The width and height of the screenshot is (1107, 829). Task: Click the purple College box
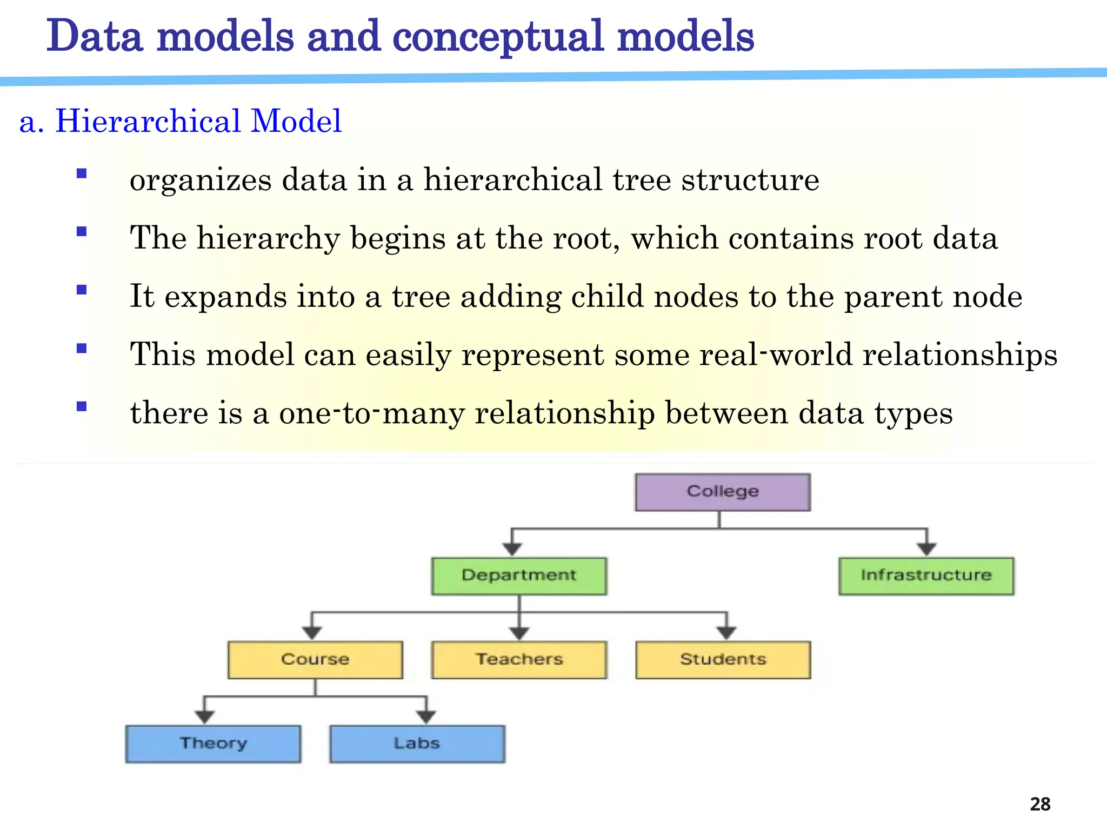tap(722, 492)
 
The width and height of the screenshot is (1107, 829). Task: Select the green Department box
tap(519, 576)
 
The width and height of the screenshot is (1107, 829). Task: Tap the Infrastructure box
tap(926, 576)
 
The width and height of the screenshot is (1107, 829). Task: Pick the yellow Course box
tap(315, 659)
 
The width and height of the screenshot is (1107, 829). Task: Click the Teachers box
tap(519, 659)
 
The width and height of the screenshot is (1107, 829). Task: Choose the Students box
tap(723, 659)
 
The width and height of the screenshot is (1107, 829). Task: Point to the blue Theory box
tap(213, 744)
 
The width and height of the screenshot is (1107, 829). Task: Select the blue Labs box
tap(417, 744)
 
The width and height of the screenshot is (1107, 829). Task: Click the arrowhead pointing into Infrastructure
tap(926, 549)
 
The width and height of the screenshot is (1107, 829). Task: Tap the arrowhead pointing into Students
tap(726, 633)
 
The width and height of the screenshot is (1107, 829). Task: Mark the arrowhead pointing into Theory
tap(204, 717)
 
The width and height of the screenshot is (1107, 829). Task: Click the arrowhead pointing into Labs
tap(426, 717)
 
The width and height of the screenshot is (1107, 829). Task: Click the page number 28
tap(1040, 804)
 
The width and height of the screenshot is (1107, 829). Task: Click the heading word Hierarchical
tap(148, 121)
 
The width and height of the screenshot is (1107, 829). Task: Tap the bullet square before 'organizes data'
tap(82, 173)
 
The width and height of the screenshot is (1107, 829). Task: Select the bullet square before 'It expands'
tap(82, 290)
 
